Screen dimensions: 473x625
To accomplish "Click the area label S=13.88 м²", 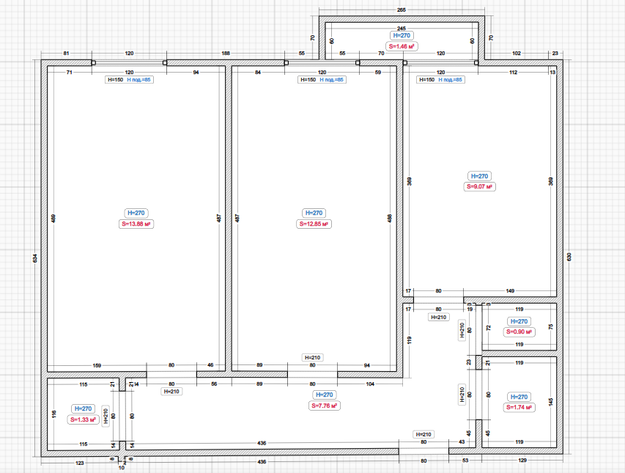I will point(137,224).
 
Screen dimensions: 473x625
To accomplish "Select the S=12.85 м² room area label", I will point(314,224).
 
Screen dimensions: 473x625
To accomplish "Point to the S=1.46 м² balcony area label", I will point(402,45).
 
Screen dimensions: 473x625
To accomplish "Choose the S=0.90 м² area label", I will point(518,332).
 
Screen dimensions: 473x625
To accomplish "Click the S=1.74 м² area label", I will point(518,407).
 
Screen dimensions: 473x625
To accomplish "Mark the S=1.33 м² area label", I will point(83,419).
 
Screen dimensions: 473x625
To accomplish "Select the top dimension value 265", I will point(402,10).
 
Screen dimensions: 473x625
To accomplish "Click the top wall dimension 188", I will point(226,54).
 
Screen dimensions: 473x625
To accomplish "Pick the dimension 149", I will point(510,291).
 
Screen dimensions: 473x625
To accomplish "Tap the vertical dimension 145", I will point(550,403).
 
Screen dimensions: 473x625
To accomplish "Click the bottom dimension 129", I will point(522,461).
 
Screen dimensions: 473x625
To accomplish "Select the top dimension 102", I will point(517,54).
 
